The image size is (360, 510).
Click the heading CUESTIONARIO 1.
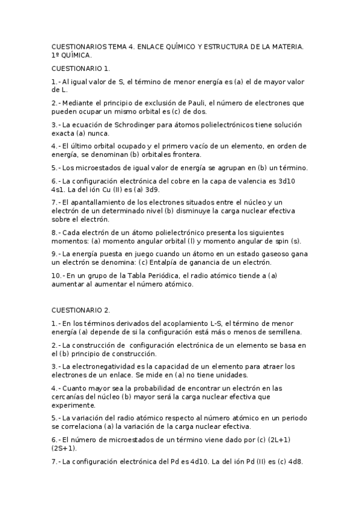pyautogui.click(x=81, y=69)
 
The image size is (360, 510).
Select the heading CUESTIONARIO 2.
pyautogui.click(x=81, y=310)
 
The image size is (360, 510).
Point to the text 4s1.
pyautogui.click(x=59, y=188)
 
